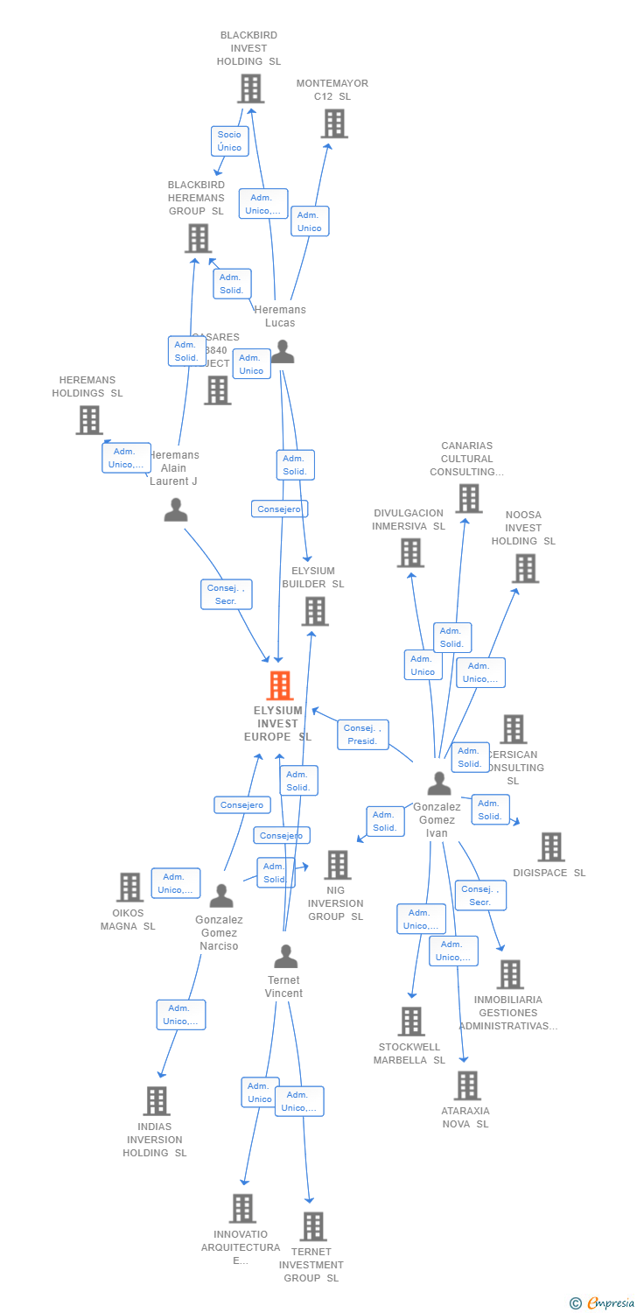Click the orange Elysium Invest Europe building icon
280,685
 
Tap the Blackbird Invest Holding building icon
250,88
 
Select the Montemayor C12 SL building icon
334,123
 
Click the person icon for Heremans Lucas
282,352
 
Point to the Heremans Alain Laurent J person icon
176,509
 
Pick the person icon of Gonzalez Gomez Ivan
439,783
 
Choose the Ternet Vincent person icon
285,956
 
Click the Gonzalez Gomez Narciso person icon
221,895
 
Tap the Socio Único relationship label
229,141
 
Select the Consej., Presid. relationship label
362,734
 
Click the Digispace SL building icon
550,846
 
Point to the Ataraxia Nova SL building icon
466,1085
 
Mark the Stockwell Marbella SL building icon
410,1021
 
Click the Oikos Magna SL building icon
129,887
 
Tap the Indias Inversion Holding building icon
156,1100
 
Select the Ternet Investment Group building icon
312,1226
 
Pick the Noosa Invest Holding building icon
524,568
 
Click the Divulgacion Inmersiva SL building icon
409,552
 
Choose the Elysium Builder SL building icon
314,611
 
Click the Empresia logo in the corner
605,1303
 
